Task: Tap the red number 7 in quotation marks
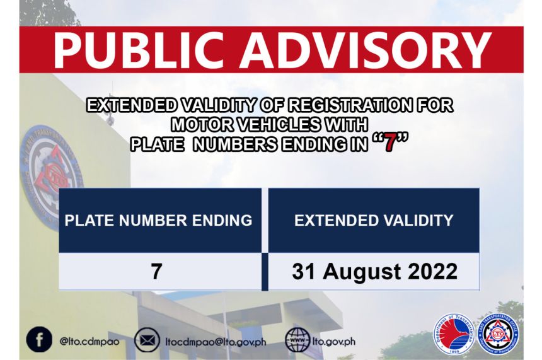391,144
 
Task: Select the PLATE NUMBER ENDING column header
159,220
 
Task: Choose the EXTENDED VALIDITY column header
374,220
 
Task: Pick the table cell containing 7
157,272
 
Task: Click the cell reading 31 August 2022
374,272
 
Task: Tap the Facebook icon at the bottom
39,340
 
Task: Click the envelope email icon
147,340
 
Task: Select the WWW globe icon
297,340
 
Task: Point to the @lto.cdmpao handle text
89,341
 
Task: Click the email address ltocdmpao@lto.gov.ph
216,341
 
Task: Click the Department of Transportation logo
453,334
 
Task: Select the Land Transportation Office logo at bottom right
498,334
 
